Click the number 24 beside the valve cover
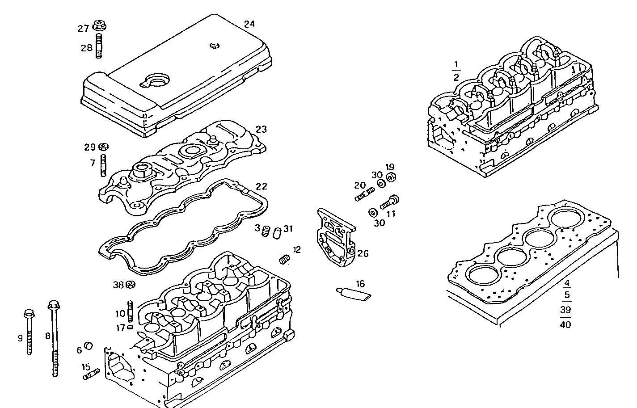[x=249, y=24]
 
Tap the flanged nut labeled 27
[x=99, y=25]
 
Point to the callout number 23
[x=261, y=129]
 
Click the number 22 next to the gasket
[x=261, y=186]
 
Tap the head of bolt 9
[x=29, y=313]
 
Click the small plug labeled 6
[x=89, y=345]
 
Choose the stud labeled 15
[x=91, y=374]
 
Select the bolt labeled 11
[x=389, y=202]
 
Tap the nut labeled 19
[x=390, y=177]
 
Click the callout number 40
[x=565, y=325]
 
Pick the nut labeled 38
[x=130, y=284]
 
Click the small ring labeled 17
[x=130, y=327]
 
